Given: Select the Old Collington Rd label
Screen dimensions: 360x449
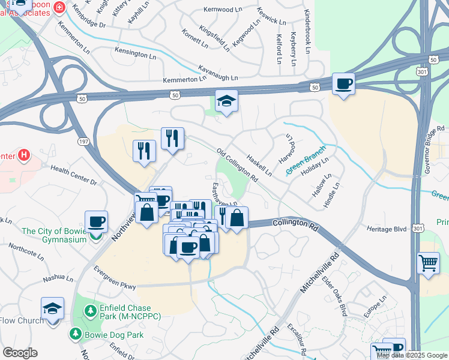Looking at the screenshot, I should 237,166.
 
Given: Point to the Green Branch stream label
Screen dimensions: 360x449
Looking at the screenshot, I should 306,160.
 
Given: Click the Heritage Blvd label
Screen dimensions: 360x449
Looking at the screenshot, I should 387,229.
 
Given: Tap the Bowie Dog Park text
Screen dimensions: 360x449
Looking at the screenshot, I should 113,335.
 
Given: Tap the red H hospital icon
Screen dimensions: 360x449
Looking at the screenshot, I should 23,156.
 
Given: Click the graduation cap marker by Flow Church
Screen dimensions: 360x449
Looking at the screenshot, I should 52,308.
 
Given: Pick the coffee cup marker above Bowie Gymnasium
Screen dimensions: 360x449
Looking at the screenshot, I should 96,222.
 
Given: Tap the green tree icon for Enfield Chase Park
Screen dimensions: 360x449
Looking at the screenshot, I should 90,311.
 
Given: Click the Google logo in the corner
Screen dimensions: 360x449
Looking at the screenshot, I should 20,353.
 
